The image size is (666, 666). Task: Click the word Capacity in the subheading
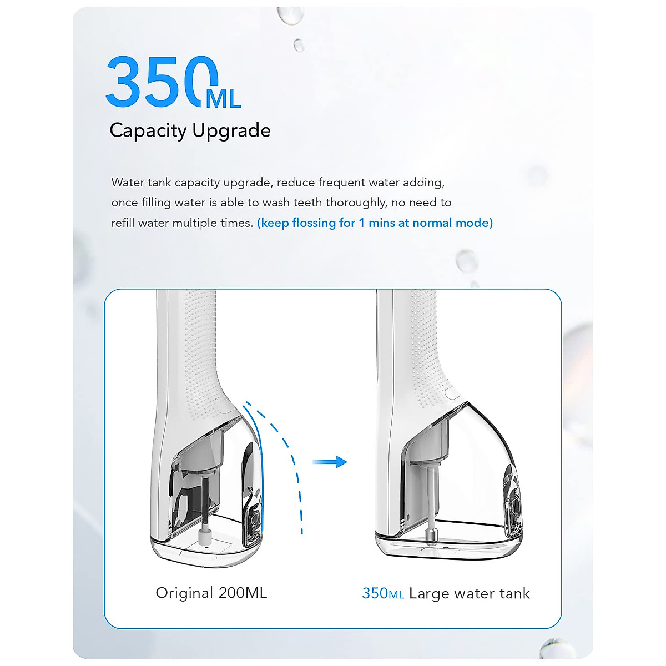coord(148,130)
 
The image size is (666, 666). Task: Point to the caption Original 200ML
coord(211,593)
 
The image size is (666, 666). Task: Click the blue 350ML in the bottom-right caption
coord(382,593)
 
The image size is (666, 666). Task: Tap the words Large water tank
coord(469,593)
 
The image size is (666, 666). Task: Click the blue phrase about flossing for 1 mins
coord(375,223)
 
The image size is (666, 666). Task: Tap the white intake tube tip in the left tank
coord(205,536)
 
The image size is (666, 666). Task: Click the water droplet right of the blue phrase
coord(466,260)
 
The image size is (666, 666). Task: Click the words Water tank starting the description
coord(142,183)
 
